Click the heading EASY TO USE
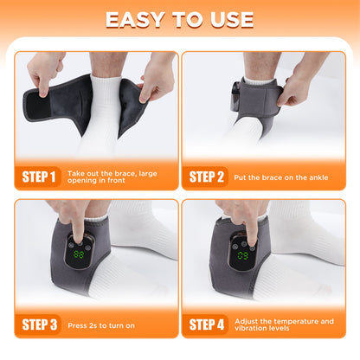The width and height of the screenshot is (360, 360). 180,20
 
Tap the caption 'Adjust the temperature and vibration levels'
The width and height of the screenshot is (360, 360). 284,325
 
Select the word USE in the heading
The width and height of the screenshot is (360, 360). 228,20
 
